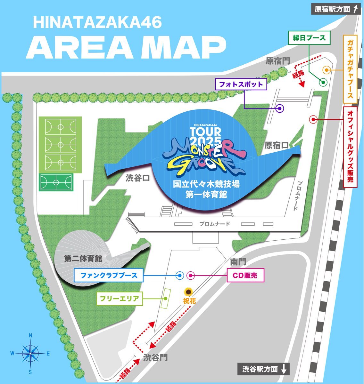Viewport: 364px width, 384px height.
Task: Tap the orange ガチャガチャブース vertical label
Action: click(350, 69)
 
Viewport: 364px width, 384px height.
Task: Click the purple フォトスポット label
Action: click(241, 84)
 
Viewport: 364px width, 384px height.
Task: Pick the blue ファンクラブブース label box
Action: click(109, 275)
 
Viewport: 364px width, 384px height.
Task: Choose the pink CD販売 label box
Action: click(245, 275)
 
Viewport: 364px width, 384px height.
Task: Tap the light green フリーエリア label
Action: click(120, 299)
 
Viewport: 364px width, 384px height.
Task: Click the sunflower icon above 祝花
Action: click(188, 292)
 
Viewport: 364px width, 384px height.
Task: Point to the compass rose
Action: click(30, 353)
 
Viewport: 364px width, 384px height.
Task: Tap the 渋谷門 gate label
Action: click(155, 357)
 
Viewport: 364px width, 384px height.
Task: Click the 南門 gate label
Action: click(238, 262)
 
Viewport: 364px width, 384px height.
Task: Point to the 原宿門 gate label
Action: click(278, 61)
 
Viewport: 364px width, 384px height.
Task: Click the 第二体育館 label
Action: click(83, 259)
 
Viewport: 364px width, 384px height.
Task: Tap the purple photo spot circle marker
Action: click(280, 108)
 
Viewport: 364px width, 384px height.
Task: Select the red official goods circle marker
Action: click(313, 120)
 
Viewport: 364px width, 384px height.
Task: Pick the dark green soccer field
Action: click(56, 182)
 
